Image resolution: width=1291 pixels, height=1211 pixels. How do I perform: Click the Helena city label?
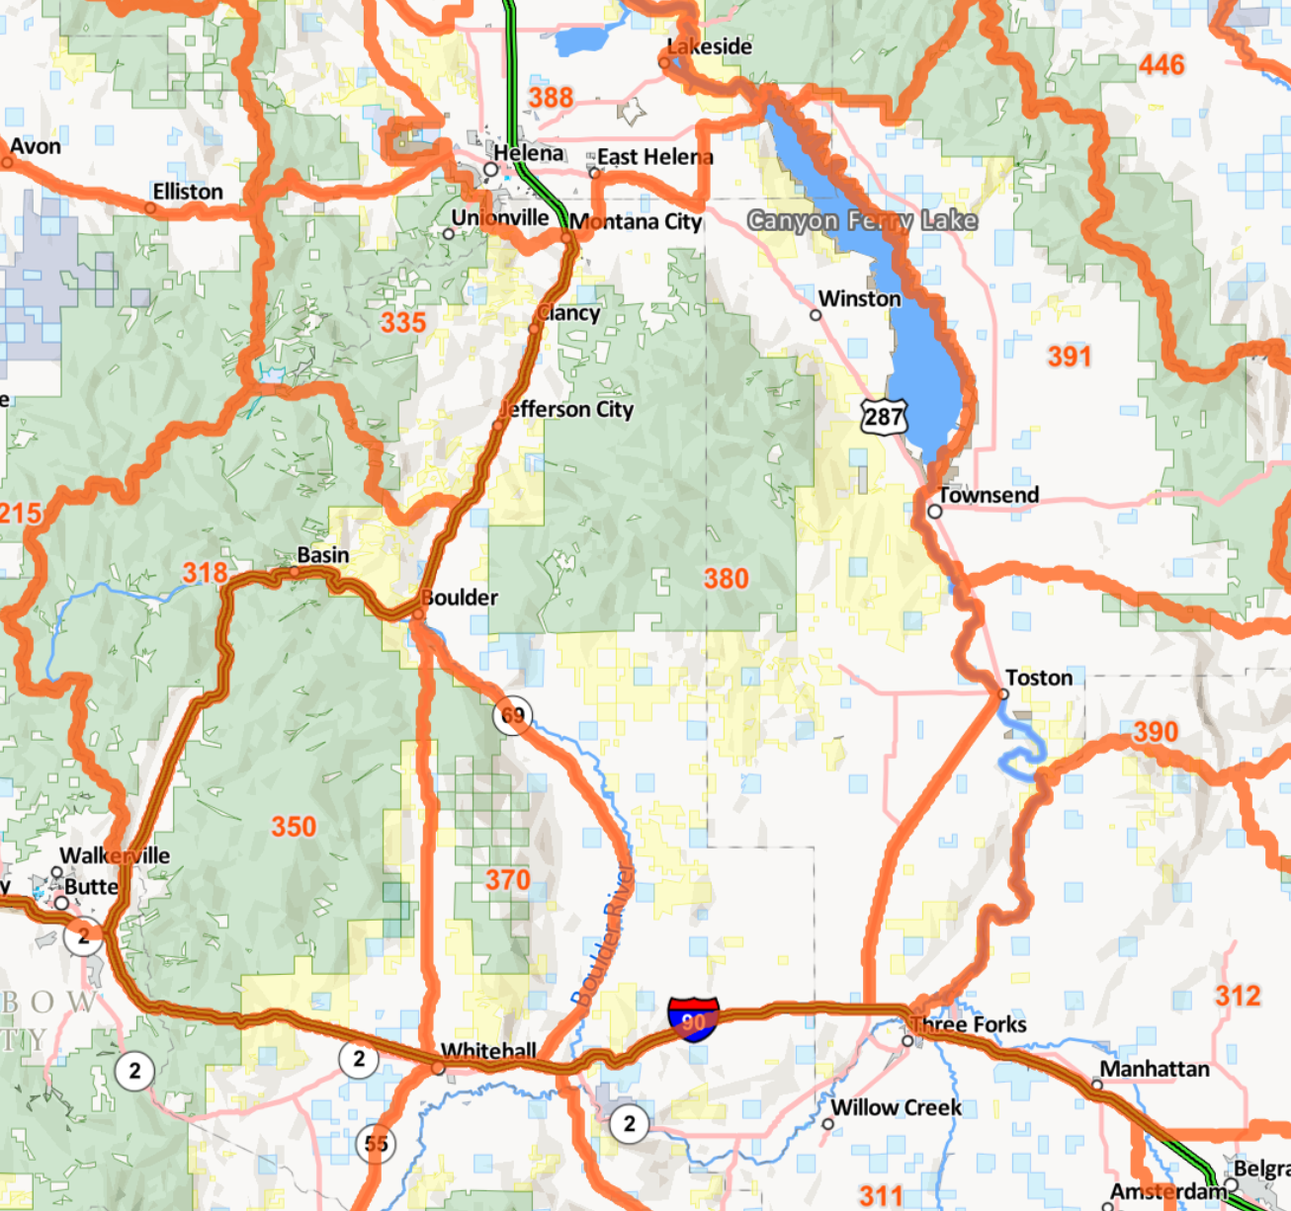(529, 153)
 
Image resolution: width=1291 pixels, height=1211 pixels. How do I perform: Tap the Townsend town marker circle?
(934, 511)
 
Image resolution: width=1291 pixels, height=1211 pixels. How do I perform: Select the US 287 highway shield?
(883, 416)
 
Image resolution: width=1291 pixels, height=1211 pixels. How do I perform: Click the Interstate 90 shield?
(693, 1018)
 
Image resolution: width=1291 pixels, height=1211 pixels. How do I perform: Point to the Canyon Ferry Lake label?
(862, 220)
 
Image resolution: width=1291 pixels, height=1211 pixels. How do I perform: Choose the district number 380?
(726, 579)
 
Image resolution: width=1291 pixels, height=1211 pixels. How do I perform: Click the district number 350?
(294, 827)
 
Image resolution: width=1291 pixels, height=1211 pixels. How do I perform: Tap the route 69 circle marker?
(512, 715)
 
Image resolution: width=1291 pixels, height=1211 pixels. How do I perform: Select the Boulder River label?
(603, 933)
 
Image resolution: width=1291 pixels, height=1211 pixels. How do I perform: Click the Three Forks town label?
(969, 1024)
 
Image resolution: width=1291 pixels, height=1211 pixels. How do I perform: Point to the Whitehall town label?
(488, 1050)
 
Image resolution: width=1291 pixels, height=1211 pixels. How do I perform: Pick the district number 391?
(1070, 357)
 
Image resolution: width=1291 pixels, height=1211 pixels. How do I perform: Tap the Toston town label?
(1039, 678)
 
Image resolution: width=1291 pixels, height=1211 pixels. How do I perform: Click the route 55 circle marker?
(376, 1144)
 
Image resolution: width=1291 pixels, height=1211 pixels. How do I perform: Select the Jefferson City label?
(567, 409)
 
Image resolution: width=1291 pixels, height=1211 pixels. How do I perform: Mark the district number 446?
(1161, 65)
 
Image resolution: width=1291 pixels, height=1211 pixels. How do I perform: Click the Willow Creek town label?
(896, 1107)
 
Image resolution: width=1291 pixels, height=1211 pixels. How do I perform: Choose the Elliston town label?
(188, 192)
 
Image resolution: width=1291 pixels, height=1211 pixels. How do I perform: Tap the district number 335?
(403, 322)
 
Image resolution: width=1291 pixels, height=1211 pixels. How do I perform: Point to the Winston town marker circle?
(816, 315)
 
